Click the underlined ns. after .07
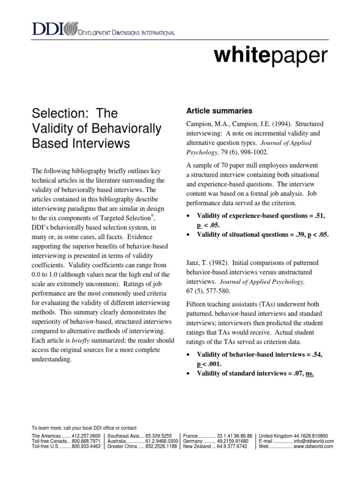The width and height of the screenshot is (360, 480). click(x=309, y=373)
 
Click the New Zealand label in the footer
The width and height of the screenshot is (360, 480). click(x=196, y=447)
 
